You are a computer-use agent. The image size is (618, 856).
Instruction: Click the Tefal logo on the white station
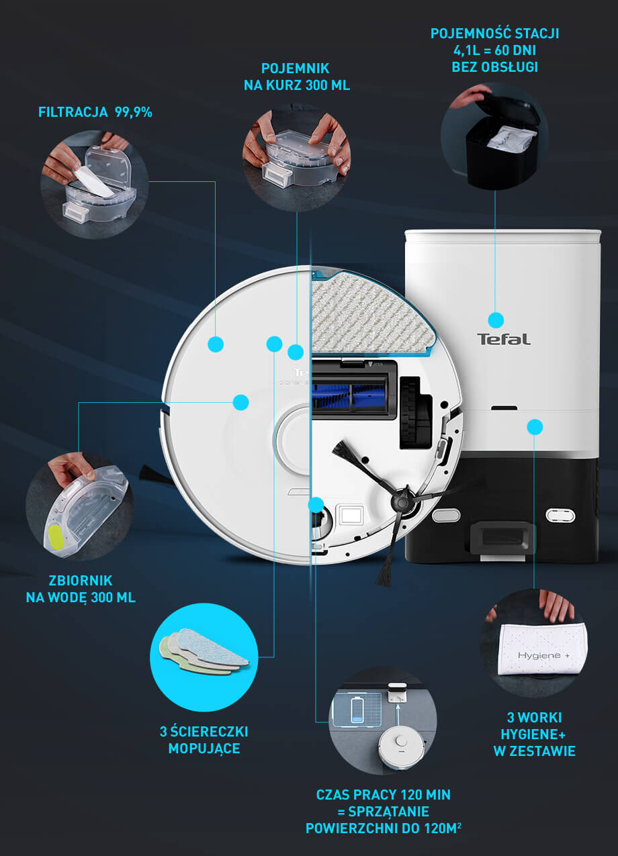tap(503, 339)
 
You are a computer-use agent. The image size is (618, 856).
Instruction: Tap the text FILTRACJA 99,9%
tap(95, 112)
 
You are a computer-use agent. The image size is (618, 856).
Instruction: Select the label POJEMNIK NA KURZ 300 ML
tap(297, 77)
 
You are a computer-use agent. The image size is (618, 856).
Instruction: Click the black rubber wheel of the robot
tap(410, 412)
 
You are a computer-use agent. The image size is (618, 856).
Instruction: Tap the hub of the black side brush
tap(400, 500)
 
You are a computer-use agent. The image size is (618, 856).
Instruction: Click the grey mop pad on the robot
tap(371, 314)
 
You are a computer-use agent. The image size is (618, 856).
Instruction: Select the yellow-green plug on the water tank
tap(56, 537)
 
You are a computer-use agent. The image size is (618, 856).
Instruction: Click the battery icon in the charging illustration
tap(357, 710)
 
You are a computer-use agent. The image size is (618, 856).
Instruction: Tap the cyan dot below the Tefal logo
tap(535, 427)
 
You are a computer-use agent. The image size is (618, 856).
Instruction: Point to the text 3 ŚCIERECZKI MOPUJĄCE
tap(204, 740)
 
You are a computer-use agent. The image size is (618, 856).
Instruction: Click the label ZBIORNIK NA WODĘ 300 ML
tap(81, 589)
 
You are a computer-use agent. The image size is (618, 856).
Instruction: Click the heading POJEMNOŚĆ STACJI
tap(494, 34)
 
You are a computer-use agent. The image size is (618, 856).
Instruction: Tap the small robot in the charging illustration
tap(401, 747)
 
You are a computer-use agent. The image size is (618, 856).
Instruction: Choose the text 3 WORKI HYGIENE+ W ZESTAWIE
tap(534, 734)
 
